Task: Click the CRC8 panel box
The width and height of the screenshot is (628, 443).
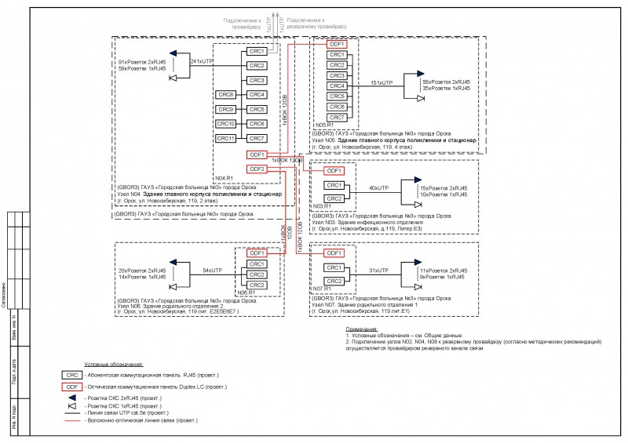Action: pos(226,95)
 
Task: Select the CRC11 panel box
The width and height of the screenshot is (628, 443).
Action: pos(226,139)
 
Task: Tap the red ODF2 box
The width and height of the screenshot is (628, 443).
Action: pos(256,169)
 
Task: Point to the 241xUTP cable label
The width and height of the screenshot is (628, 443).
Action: pos(202,60)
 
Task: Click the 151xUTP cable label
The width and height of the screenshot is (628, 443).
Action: pos(381,82)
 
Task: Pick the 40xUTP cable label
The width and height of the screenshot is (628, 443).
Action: pos(379,189)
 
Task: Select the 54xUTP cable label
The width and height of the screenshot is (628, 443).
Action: pos(213,270)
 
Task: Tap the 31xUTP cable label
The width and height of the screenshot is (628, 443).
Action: pos(379,270)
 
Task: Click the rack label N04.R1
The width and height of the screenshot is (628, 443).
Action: pos(225,180)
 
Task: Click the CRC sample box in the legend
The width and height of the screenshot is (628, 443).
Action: pos(71,376)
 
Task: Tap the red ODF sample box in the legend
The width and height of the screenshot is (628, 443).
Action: pos(71,387)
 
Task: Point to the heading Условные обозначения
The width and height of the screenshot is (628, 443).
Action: pos(114,365)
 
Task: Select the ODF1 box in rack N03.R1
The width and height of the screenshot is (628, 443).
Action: pos(334,170)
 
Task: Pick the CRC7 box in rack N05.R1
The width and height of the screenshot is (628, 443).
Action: pos(338,117)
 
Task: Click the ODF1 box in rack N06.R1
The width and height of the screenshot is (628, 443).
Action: pos(257,253)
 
